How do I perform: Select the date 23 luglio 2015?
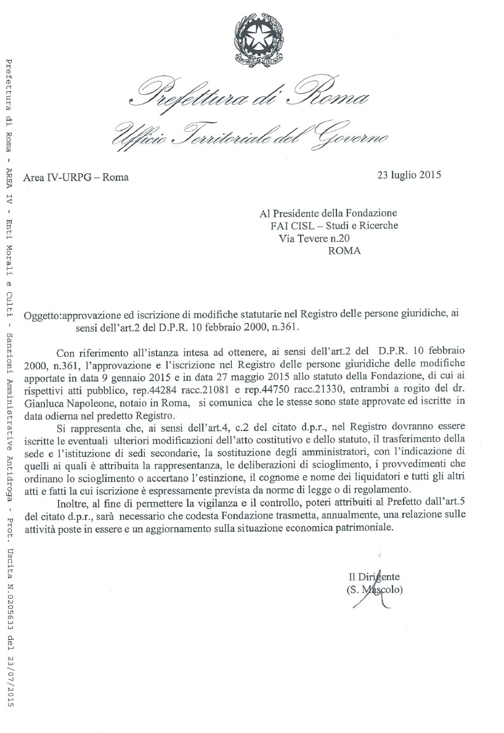click(x=409, y=174)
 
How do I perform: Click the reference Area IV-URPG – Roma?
click(x=76, y=178)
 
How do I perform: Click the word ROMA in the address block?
click(x=345, y=250)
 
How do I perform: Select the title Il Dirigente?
click(x=374, y=577)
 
